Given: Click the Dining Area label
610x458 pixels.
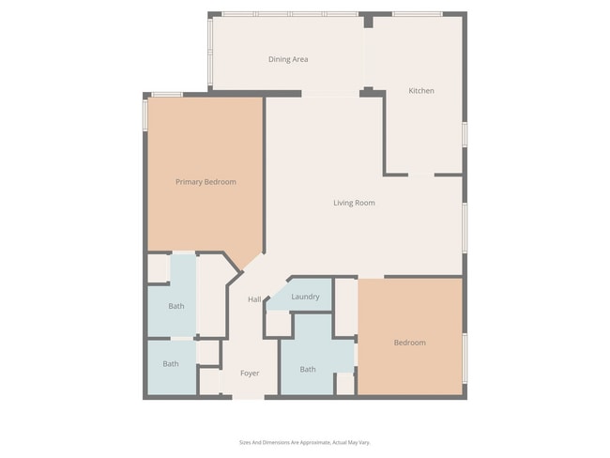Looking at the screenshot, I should [288, 59].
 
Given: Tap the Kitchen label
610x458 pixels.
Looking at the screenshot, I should [420, 91].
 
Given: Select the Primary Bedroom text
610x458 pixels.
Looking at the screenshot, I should [206, 181].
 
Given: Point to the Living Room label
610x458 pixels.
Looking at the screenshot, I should [354, 202].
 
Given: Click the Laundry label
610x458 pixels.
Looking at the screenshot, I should [305, 297].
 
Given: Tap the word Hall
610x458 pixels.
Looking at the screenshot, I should [254, 299].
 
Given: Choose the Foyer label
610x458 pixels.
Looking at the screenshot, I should [250, 373].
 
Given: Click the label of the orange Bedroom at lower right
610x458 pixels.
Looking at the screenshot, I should [409, 343].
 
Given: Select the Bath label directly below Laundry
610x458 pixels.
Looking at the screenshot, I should [308, 369].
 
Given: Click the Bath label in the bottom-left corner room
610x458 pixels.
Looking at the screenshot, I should [171, 364].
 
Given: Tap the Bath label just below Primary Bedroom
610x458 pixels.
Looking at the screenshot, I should [176, 306].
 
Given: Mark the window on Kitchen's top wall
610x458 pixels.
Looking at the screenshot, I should [418, 14].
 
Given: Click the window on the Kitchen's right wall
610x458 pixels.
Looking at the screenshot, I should [464, 133].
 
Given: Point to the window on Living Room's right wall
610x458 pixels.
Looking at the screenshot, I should [464, 225].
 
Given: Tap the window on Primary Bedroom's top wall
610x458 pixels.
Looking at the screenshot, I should [167, 94].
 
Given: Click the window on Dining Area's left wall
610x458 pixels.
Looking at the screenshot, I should [210, 53].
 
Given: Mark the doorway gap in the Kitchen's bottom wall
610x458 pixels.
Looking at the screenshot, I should [420, 175].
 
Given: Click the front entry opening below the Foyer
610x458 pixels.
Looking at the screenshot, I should [249, 397].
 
